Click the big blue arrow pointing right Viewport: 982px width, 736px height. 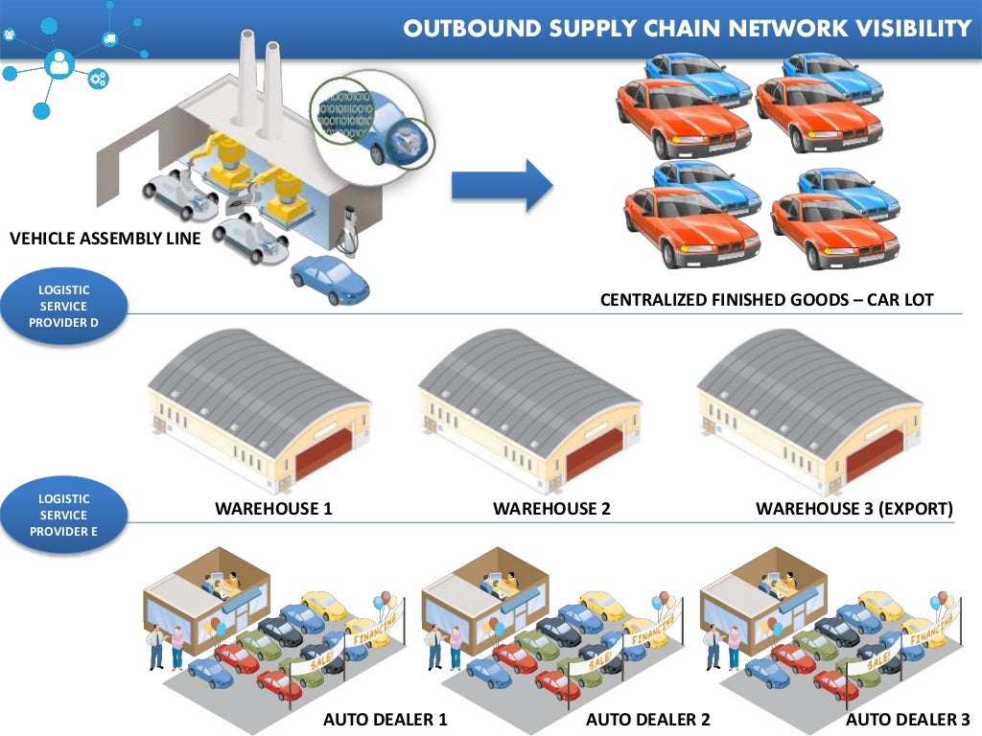click(501, 185)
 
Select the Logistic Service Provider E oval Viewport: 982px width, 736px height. click(63, 516)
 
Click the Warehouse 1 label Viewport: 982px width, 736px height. click(273, 509)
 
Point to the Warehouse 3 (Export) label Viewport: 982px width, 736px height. click(853, 509)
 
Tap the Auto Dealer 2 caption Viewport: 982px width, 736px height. click(647, 719)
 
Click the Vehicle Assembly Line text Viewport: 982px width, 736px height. click(105, 239)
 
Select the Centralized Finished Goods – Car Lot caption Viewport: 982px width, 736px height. click(766, 300)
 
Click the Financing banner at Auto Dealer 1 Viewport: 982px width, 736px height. click(375, 631)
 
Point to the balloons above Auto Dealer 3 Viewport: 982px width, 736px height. click(944, 601)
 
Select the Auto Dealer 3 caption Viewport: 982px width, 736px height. click(907, 719)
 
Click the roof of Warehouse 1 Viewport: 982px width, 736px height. click(254, 379)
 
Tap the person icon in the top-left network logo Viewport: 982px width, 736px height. click(59, 64)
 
